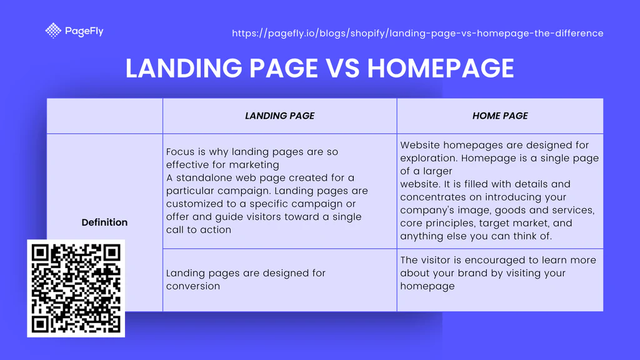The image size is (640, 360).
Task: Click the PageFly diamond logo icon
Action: click(x=53, y=31)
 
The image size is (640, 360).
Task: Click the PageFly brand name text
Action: click(x=84, y=31)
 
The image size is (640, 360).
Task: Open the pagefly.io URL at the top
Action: click(x=417, y=33)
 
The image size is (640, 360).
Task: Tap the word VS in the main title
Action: click(x=342, y=67)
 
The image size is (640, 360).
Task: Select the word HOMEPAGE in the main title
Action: click(x=441, y=67)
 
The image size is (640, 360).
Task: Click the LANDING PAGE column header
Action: click(x=279, y=116)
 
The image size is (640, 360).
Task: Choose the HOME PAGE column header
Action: click(x=500, y=116)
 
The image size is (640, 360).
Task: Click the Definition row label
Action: click(x=104, y=222)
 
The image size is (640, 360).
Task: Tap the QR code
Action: click(x=76, y=288)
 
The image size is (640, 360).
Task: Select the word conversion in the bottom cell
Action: click(x=193, y=286)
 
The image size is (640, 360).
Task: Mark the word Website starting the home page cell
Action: click(x=421, y=145)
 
